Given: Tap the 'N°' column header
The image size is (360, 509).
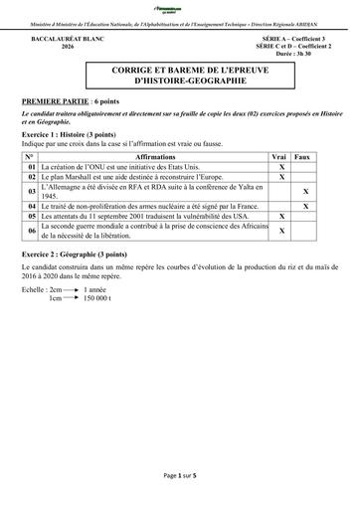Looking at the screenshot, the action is [x=32, y=158].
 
